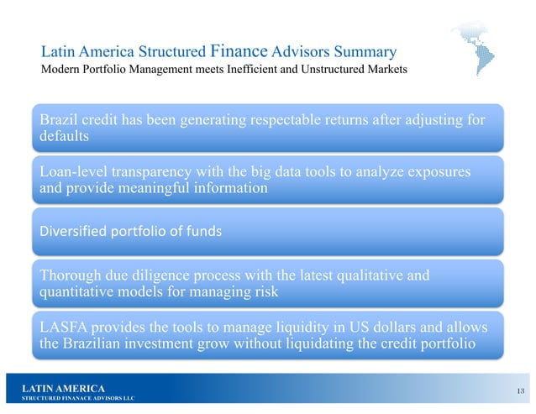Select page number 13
point(522,389)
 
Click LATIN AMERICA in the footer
point(65,387)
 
